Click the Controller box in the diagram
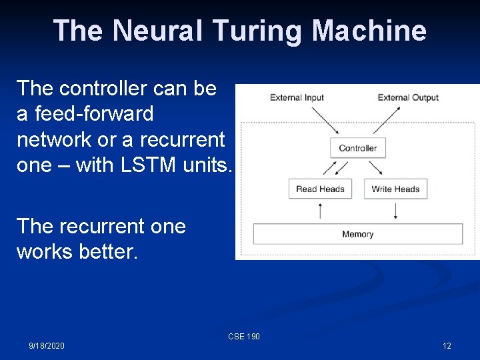(358, 148)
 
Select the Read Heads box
(320, 189)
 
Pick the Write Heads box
(395, 189)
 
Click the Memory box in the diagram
(357, 234)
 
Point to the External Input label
(297, 97)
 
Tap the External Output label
(408, 97)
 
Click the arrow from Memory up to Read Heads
(321, 211)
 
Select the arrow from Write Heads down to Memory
(396, 211)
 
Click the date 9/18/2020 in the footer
(47, 346)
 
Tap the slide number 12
(447, 346)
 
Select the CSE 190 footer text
(244, 337)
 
